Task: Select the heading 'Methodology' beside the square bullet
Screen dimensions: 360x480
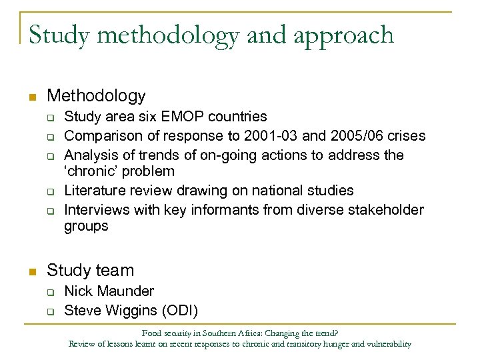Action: (96, 97)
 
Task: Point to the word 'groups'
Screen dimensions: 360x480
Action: (86, 227)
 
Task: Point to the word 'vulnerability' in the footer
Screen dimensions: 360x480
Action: (388, 344)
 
